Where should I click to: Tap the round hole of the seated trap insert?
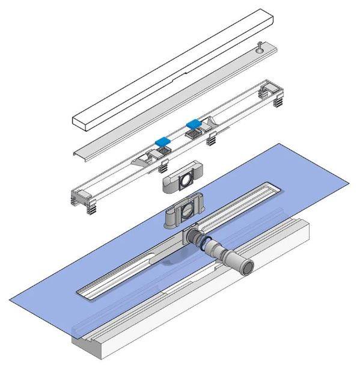pos(189,210)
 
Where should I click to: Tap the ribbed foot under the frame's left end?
pos(90,210)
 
